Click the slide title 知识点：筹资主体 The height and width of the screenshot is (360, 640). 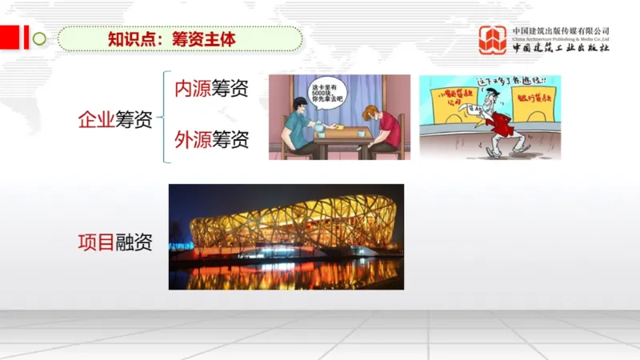[172, 38]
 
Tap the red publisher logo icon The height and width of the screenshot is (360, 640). [493, 39]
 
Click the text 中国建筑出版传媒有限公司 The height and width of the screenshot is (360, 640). [560, 30]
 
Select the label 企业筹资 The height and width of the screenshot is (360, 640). [114, 120]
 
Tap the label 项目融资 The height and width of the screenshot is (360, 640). [114, 241]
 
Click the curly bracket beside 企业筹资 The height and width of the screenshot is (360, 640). [163, 118]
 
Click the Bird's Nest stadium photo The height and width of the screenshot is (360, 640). [286, 236]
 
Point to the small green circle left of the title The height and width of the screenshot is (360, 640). [38, 38]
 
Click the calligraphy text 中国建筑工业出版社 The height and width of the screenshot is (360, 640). [560, 46]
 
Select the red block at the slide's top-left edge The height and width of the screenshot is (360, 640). [10, 37]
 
